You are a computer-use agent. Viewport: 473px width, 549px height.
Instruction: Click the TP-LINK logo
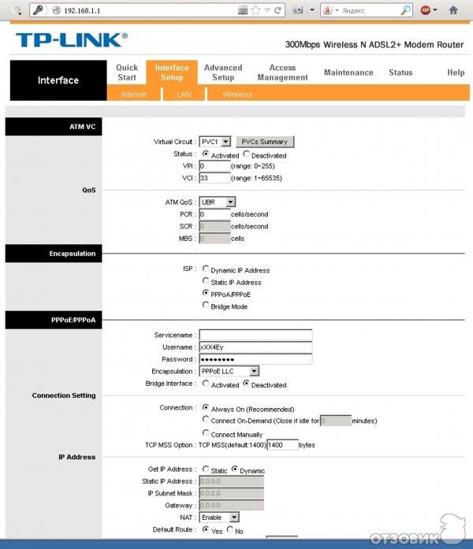pyautogui.click(x=70, y=40)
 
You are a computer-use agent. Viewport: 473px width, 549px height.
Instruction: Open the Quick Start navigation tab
pyautogui.click(x=127, y=72)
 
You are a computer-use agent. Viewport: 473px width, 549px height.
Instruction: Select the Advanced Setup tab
pyautogui.click(x=223, y=72)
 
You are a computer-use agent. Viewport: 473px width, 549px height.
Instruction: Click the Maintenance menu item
pyautogui.click(x=348, y=72)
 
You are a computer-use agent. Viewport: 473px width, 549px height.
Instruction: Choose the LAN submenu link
pyautogui.click(x=184, y=95)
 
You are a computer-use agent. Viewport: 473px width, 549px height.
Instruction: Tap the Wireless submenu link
pyautogui.click(x=237, y=95)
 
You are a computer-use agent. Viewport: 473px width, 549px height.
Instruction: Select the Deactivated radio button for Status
pyautogui.click(x=247, y=154)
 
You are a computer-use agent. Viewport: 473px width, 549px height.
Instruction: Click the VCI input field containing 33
pyautogui.click(x=214, y=178)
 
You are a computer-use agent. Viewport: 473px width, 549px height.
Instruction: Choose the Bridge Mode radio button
pyautogui.click(x=206, y=306)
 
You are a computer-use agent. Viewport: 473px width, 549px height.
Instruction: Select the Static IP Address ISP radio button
pyautogui.click(x=206, y=281)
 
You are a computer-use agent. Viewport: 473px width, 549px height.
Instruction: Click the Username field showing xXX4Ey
pyautogui.click(x=255, y=347)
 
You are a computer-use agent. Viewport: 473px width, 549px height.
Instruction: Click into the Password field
pyautogui.click(x=255, y=358)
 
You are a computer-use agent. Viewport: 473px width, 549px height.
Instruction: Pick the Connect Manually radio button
pyautogui.click(x=206, y=433)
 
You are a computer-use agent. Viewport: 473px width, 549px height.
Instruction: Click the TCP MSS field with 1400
pyautogui.click(x=282, y=445)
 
